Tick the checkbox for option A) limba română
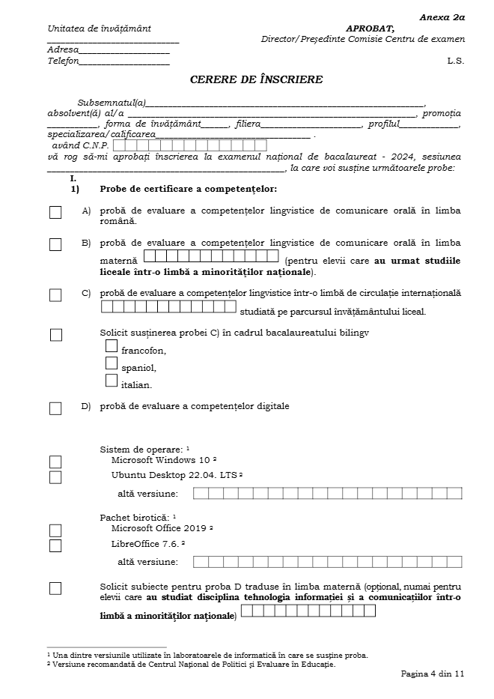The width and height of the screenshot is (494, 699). tap(55, 213)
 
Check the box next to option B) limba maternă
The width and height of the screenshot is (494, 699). tap(55, 244)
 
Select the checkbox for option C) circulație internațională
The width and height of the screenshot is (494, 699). tap(55, 295)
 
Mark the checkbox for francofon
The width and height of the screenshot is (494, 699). tap(112, 346)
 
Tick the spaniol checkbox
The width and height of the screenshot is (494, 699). tap(112, 363)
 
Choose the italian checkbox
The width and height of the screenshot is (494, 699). tap(112, 381)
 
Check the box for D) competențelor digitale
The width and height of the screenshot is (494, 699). tap(55, 408)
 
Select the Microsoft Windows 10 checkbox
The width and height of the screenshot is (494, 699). tap(55, 462)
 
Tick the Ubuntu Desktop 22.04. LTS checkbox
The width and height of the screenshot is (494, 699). tap(55, 477)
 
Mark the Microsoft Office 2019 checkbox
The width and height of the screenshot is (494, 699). tap(55, 530)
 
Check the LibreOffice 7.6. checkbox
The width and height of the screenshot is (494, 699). tap(55, 545)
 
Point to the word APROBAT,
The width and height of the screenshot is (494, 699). tap(370, 28)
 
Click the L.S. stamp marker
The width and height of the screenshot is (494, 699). tap(456, 61)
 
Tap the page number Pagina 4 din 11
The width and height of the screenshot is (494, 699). tap(433, 674)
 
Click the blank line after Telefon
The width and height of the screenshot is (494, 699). tap(124, 61)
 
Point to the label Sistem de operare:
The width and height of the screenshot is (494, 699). tap(141, 450)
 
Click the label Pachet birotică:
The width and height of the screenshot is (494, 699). tap(135, 518)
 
